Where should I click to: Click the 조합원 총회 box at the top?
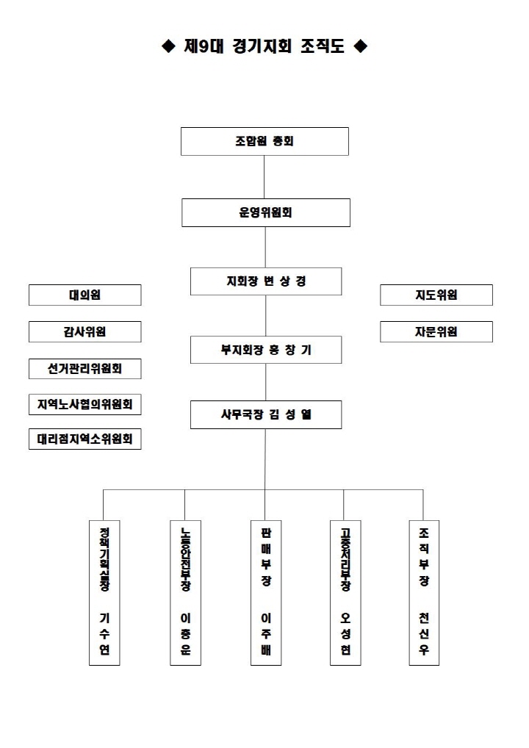(x=264, y=141)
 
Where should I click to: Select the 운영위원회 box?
(x=265, y=212)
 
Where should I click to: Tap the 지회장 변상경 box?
(x=265, y=281)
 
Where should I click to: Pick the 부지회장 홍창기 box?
(x=265, y=350)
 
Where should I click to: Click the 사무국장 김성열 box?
(x=265, y=414)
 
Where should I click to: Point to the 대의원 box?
(x=84, y=295)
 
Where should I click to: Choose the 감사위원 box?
(x=84, y=331)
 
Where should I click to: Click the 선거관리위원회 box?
(x=84, y=368)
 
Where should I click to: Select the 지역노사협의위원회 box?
(x=84, y=403)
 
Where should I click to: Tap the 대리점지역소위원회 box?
(x=84, y=439)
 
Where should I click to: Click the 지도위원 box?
(x=436, y=295)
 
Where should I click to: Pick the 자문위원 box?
(x=436, y=331)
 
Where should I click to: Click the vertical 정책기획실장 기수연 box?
(x=104, y=592)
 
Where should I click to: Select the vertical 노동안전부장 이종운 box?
(x=185, y=592)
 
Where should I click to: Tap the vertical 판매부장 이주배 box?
(x=265, y=592)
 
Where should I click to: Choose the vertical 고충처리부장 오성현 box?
(x=345, y=592)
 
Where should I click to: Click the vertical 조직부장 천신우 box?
(x=424, y=592)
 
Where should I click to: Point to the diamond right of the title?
(x=360, y=47)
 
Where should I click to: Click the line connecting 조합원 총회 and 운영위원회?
(x=264, y=176)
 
